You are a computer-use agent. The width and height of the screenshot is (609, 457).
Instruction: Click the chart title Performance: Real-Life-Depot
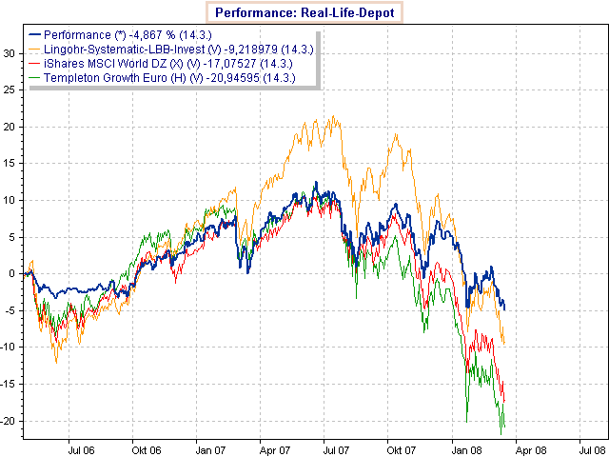304,12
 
